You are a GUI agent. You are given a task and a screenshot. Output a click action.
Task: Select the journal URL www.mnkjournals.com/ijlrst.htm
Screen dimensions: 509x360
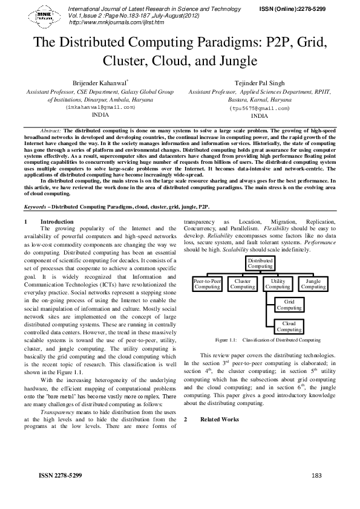click(117, 22)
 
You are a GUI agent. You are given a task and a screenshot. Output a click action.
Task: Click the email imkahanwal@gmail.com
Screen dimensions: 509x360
click(99, 106)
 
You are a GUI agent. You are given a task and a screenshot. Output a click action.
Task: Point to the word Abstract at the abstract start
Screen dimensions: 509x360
click(50, 131)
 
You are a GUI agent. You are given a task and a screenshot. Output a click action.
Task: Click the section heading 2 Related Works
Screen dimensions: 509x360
click(219, 419)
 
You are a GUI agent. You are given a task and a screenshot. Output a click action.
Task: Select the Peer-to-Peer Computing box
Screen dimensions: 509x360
click(207, 284)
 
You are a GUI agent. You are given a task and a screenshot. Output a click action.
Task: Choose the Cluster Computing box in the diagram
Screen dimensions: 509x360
click(243, 284)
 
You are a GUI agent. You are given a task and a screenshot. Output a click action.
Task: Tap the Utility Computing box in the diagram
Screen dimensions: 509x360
click(278, 284)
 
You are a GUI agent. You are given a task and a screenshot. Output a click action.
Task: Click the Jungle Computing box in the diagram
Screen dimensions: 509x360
click(313, 284)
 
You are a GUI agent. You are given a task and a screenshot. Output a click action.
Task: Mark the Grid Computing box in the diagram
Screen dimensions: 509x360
click(289, 305)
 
